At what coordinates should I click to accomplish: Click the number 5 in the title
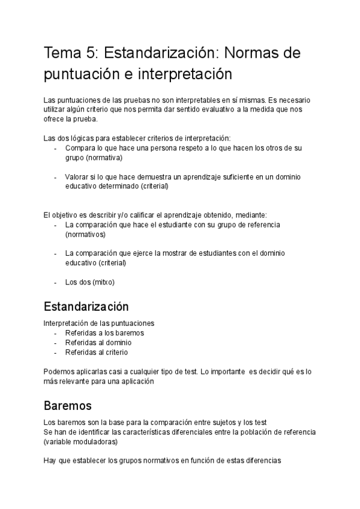(92, 54)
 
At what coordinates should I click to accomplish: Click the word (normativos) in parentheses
(85, 234)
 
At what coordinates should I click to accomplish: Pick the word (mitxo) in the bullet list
(103, 282)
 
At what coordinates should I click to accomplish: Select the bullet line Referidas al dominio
(98, 342)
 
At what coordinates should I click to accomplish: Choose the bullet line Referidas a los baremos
(104, 333)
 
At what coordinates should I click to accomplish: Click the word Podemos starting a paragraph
(60, 371)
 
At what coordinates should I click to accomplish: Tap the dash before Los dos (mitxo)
(56, 282)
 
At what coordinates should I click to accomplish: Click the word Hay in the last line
(50, 461)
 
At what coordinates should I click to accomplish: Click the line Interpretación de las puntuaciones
(99, 323)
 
